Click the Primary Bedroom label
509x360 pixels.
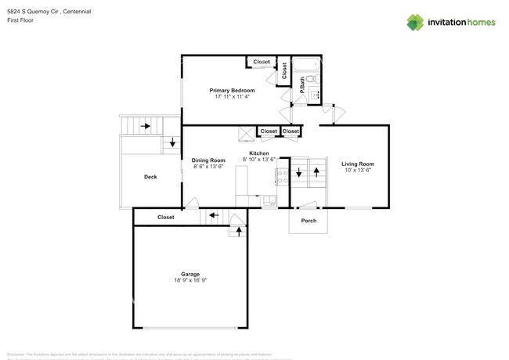pyautogui.click(x=232, y=91)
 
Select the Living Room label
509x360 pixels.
pyautogui.click(x=357, y=164)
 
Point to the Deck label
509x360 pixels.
pyautogui.click(x=150, y=177)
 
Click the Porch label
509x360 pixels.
pyautogui.click(x=309, y=221)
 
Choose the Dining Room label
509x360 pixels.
pyautogui.click(x=208, y=160)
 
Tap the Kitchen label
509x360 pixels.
pyautogui.click(x=259, y=153)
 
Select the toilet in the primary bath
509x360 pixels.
pyautogui.click(x=310, y=80)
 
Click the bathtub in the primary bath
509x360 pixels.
pyautogui.click(x=305, y=65)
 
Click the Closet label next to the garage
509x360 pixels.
pyautogui.click(x=166, y=217)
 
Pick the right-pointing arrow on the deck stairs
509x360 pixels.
pyautogui.click(x=145, y=125)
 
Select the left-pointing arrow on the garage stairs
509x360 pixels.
pyautogui.click(x=213, y=215)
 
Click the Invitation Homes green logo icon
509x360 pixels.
pyautogui.click(x=415, y=22)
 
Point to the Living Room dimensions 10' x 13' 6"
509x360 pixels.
pyautogui.click(x=357, y=170)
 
